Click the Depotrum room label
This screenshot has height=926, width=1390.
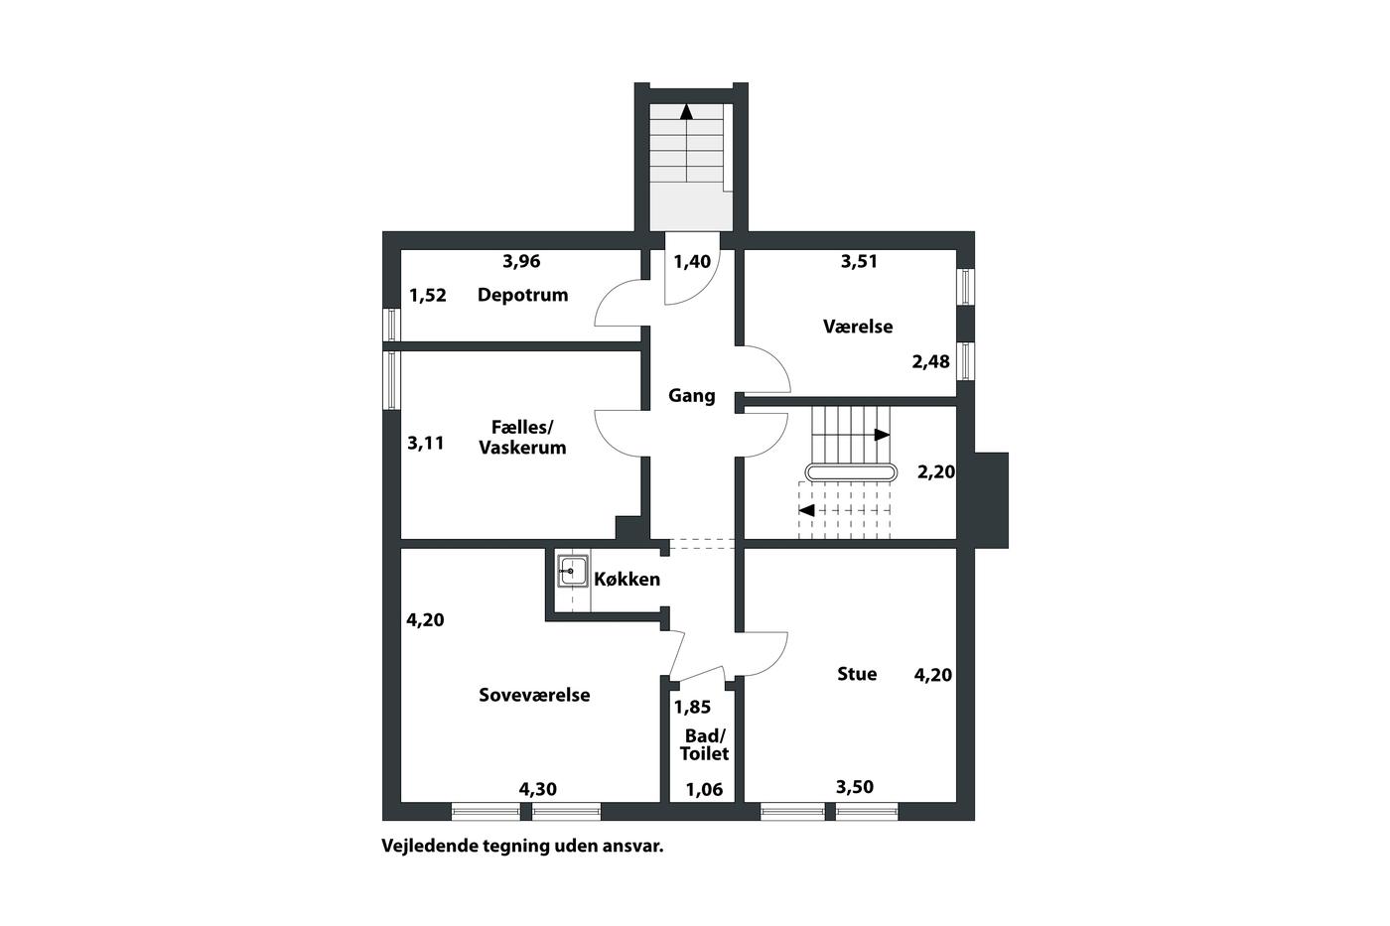click(522, 295)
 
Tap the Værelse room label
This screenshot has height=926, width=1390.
click(858, 327)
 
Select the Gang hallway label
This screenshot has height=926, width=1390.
click(691, 396)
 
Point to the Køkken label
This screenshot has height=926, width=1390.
click(626, 580)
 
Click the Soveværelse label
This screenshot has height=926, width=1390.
click(534, 695)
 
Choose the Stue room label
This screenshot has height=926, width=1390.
click(857, 674)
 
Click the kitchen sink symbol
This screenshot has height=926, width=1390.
click(572, 571)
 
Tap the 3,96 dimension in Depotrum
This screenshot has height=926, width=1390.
click(521, 262)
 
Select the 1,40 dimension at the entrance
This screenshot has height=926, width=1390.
click(692, 262)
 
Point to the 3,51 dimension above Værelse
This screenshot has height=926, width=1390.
click(859, 262)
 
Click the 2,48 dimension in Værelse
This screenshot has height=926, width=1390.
click(930, 361)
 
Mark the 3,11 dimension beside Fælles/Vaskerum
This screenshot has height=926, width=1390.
click(425, 444)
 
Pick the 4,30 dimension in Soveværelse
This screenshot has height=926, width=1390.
click(537, 790)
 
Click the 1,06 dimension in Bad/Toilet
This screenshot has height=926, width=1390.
click(704, 790)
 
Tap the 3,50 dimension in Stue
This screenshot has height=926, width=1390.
click(855, 787)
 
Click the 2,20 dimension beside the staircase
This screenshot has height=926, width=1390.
click(935, 472)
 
